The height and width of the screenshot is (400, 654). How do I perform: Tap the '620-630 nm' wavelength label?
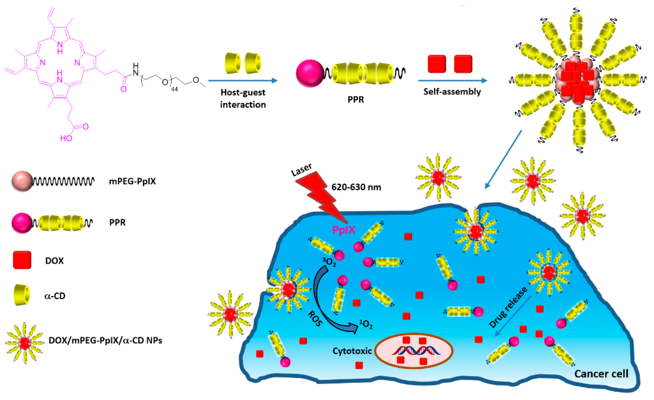(356, 187)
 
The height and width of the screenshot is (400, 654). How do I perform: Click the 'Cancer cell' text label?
(601, 374)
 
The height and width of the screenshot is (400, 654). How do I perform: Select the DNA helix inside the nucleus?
(416, 351)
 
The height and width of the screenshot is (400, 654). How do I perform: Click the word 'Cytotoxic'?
(352, 351)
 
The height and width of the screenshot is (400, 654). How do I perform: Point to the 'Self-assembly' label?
(452, 92)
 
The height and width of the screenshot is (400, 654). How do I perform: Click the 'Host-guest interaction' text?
(243, 98)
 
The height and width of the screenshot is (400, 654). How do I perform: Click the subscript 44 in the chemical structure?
(174, 89)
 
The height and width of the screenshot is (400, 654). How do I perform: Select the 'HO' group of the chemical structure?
(66, 138)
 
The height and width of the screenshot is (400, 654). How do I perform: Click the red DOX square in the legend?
(22, 260)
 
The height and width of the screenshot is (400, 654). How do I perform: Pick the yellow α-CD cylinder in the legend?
(22, 295)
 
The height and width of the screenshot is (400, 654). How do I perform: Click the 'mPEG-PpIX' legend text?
(132, 181)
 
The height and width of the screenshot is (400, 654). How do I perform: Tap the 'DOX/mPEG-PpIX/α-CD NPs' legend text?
(105, 340)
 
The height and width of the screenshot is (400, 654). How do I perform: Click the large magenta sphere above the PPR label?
(310, 73)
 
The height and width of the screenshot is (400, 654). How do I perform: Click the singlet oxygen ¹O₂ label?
(366, 324)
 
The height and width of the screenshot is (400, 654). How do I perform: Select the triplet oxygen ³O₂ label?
(329, 262)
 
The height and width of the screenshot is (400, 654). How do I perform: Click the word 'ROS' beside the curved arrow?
(315, 319)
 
